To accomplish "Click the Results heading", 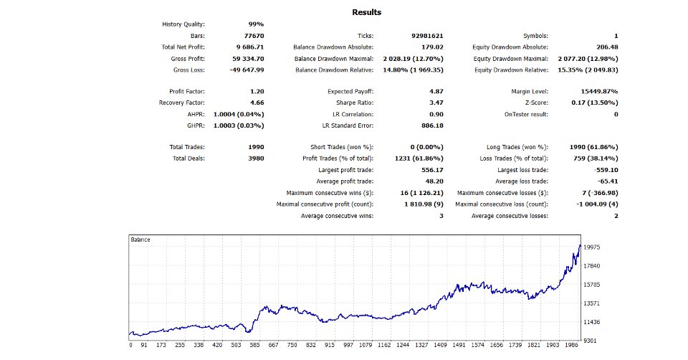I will tap(367, 12).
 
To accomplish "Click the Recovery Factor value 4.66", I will tap(257, 103).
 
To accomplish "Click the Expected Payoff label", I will tap(350, 91).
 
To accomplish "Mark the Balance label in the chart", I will tap(140, 239).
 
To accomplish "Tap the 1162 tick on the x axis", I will tap(386, 345).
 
